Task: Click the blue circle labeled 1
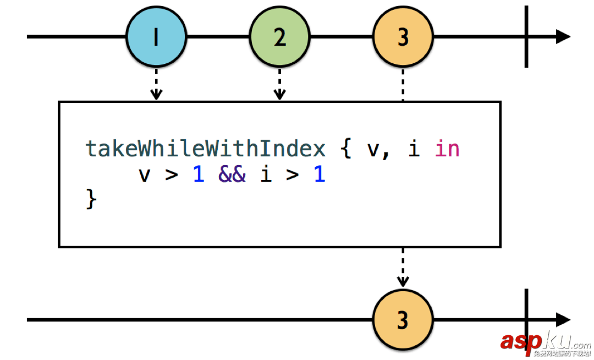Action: click(x=156, y=37)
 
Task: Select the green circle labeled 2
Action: click(x=279, y=37)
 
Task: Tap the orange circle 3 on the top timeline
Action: click(x=403, y=37)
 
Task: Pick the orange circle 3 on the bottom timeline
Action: click(x=403, y=320)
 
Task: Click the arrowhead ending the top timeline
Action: click(x=563, y=37)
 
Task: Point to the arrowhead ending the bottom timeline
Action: click(x=563, y=320)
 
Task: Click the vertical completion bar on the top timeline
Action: click(x=526, y=37)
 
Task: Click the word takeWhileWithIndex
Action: click(x=205, y=149)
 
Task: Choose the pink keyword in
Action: click(x=447, y=149)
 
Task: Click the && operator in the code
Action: click(x=232, y=175)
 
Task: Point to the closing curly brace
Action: click(x=91, y=199)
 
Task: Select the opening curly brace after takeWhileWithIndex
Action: click(x=346, y=149)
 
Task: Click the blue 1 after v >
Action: click(x=199, y=175)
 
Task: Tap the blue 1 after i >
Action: click(x=320, y=175)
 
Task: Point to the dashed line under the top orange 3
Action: click(x=403, y=85)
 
